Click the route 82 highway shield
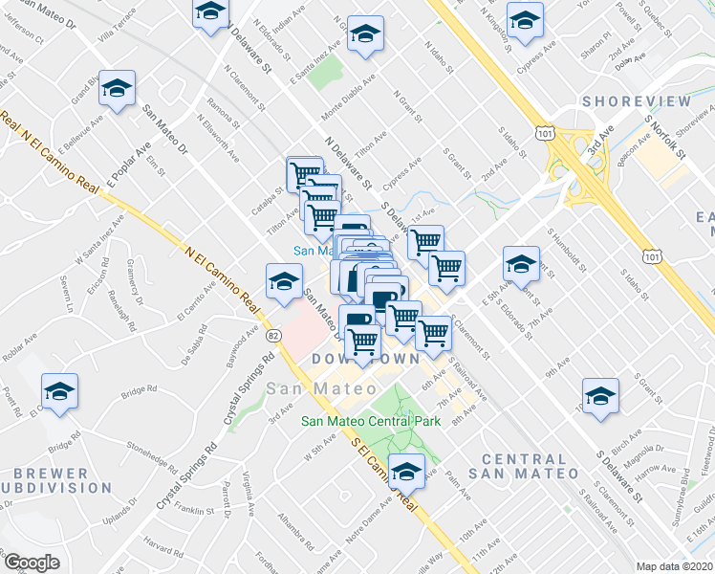[x=273, y=335]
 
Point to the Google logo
[x=32, y=563]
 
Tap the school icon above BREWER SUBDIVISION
[x=59, y=392]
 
